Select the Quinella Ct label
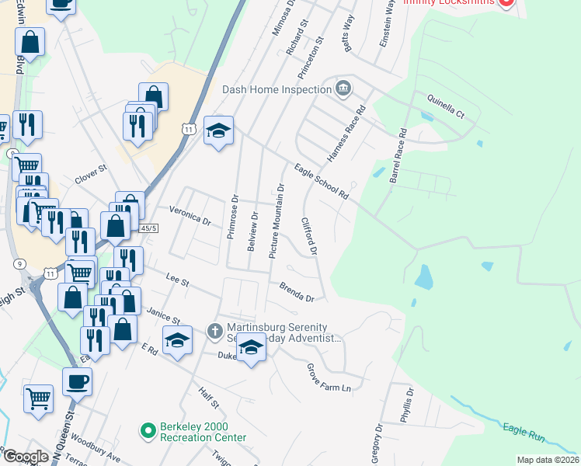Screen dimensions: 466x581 point(445,106)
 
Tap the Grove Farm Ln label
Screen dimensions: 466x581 point(329,377)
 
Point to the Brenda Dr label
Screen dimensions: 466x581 point(297,292)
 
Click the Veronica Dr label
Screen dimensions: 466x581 point(190,215)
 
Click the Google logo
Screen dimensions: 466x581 point(26,457)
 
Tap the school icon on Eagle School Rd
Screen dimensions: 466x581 point(219,131)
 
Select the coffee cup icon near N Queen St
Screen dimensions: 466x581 point(78,382)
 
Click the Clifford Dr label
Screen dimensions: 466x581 point(309,236)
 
